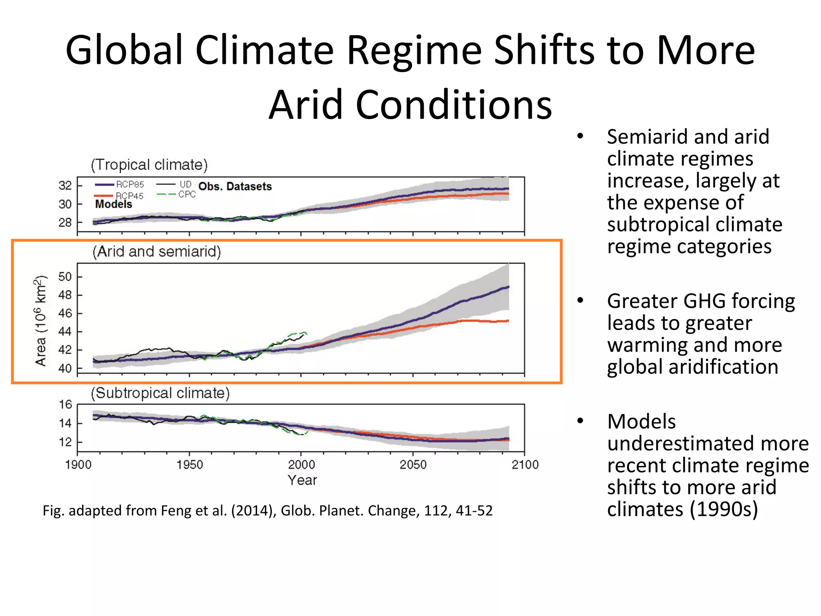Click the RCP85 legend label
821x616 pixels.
point(129,184)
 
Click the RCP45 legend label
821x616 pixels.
point(129,196)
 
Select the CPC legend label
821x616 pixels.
point(187,195)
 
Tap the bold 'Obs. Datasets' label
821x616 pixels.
point(235,186)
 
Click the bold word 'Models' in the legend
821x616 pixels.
point(113,205)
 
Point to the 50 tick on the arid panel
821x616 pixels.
point(65,277)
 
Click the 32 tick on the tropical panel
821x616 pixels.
point(65,186)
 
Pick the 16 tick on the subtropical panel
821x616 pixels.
point(65,405)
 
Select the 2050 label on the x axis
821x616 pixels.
point(413,465)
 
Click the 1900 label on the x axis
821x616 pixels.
point(78,465)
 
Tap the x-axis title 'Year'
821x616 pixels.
point(302,480)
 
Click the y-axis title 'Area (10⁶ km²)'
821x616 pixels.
point(40,321)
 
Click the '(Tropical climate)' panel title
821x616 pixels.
point(149,165)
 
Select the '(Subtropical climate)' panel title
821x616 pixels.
point(160,393)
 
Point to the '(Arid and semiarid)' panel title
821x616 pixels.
point(157,251)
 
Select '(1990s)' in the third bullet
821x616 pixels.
point(724,509)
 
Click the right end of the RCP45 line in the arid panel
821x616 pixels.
point(508,321)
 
